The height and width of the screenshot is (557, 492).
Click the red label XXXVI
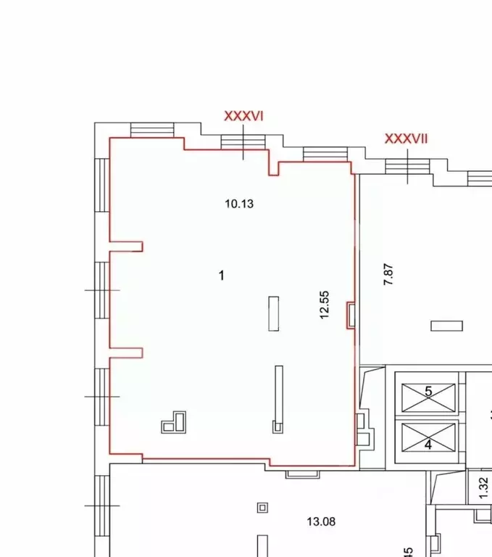(x=243, y=116)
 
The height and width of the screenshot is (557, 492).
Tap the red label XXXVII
(x=406, y=139)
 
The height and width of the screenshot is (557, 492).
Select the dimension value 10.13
(x=238, y=204)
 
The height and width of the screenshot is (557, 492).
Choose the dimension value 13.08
(x=321, y=521)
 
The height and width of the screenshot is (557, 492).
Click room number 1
(x=222, y=275)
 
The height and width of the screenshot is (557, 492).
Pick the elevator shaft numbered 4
(x=428, y=440)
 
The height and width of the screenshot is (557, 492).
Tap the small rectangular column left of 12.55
(x=274, y=313)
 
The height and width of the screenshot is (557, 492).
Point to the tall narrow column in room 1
(x=278, y=399)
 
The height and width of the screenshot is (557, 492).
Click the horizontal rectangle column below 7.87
(x=446, y=326)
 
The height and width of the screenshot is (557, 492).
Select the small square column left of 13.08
(x=262, y=507)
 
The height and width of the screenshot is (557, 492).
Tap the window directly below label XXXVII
(x=408, y=166)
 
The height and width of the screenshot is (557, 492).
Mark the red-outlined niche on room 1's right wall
(x=351, y=315)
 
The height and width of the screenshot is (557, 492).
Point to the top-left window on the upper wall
(x=152, y=130)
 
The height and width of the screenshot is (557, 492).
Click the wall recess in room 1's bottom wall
(x=302, y=474)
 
